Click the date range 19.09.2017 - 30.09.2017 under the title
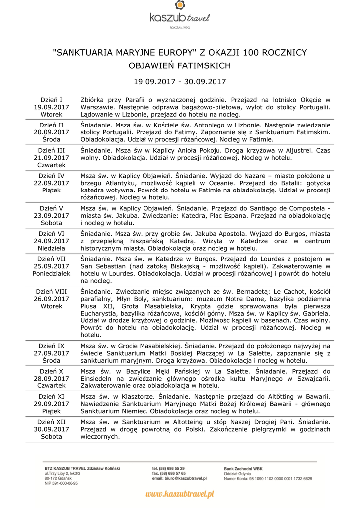point(180,81)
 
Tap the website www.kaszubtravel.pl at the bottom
point(180,494)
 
